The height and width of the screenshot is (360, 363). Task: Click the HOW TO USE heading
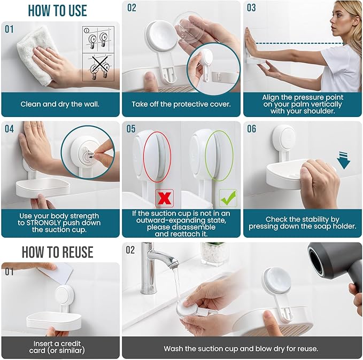tap(57, 10)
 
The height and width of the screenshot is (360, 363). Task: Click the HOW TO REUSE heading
tap(57, 252)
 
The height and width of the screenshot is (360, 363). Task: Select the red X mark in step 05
tap(164, 198)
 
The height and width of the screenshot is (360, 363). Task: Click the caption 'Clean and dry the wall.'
tap(60, 104)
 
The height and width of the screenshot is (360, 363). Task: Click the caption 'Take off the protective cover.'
tap(181, 104)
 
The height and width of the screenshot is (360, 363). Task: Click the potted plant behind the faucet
tap(214, 254)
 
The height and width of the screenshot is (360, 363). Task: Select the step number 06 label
tap(252, 129)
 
